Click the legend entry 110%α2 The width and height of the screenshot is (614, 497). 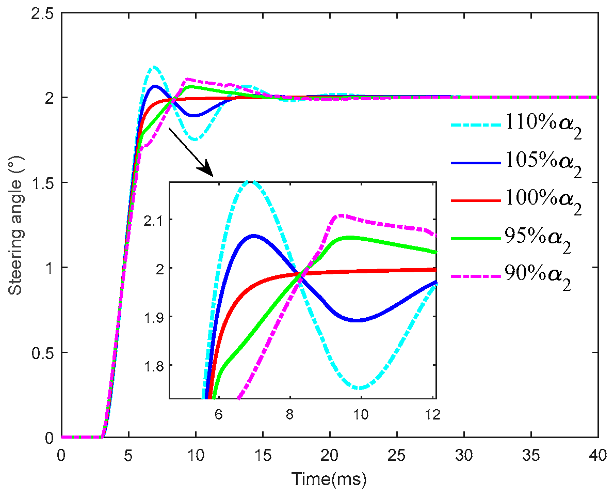516,125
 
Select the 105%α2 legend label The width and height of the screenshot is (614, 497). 516,163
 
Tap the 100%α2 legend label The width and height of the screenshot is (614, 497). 516,200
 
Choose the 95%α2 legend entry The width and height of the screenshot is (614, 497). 511,238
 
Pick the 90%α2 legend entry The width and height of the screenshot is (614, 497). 511,276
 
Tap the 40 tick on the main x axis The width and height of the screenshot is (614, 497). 598,456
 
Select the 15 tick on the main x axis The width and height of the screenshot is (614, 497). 262,456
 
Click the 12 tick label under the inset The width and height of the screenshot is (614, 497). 432,415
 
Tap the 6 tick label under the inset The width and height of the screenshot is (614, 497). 218,415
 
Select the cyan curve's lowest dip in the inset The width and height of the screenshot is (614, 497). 360,388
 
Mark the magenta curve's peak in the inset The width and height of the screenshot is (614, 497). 341,215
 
